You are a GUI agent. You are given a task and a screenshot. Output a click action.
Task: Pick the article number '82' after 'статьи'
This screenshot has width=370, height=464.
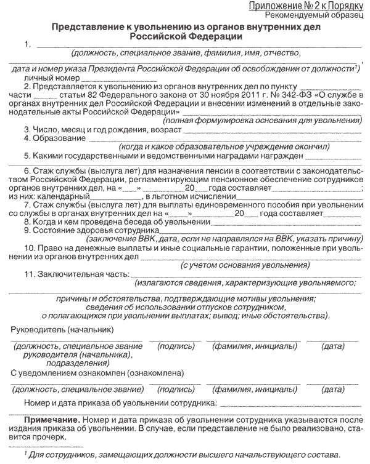(x=84, y=96)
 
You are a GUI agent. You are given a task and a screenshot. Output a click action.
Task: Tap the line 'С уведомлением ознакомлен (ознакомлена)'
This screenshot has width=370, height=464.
(x=97, y=372)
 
